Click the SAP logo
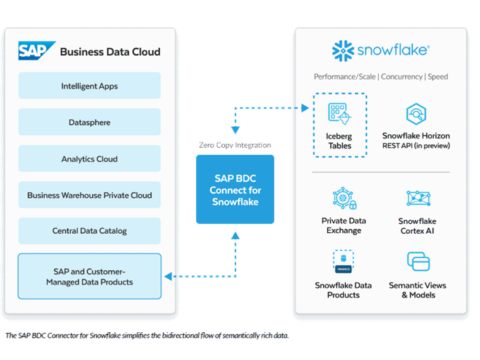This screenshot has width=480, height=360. [36, 50]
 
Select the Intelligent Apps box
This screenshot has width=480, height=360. [90, 86]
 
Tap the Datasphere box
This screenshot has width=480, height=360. [90, 122]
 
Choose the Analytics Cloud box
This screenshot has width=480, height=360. [90, 159]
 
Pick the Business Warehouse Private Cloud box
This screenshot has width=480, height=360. [90, 195]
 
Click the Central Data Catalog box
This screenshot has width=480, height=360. [90, 231]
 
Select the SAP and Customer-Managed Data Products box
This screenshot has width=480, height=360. [90, 276]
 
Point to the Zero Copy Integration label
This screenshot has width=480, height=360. [235, 145]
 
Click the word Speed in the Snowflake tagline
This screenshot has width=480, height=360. [437, 77]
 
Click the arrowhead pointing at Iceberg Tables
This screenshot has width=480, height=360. [305, 109]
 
